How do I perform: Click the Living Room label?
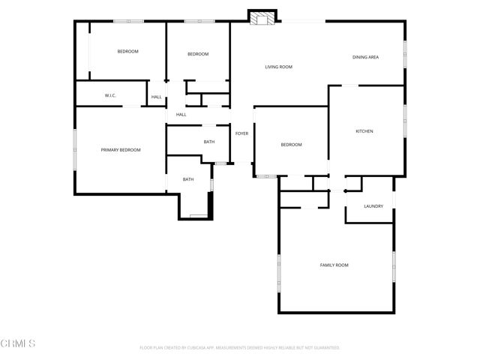(278, 67)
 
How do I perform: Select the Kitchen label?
(364, 131)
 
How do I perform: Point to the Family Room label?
(334, 265)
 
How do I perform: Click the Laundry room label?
(373, 206)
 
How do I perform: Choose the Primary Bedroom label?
(121, 150)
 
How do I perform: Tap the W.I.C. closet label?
(109, 96)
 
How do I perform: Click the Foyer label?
(241, 133)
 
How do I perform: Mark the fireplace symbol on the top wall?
(262, 17)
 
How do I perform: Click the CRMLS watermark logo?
(18, 343)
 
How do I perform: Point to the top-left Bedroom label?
(127, 51)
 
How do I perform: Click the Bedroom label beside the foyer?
(291, 145)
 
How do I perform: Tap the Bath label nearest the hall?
(209, 142)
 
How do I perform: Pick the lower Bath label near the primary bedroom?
(188, 179)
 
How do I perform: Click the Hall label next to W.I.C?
(157, 97)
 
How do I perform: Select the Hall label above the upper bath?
(181, 114)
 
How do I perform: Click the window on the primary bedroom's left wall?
(74, 150)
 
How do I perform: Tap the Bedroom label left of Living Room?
(198, 54)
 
